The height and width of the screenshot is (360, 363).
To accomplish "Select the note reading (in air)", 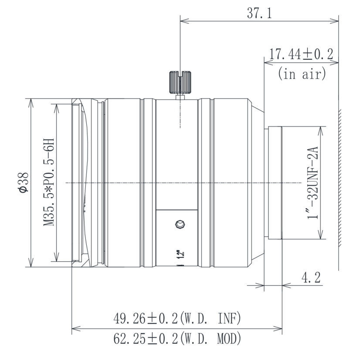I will pyautogui.click(x=301, y=73).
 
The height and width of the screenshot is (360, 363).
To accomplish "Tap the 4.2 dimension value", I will pyautogui.click(x=310, y=278).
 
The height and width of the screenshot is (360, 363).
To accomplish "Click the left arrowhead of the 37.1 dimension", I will pyautogui.click(x=183, y=20).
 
